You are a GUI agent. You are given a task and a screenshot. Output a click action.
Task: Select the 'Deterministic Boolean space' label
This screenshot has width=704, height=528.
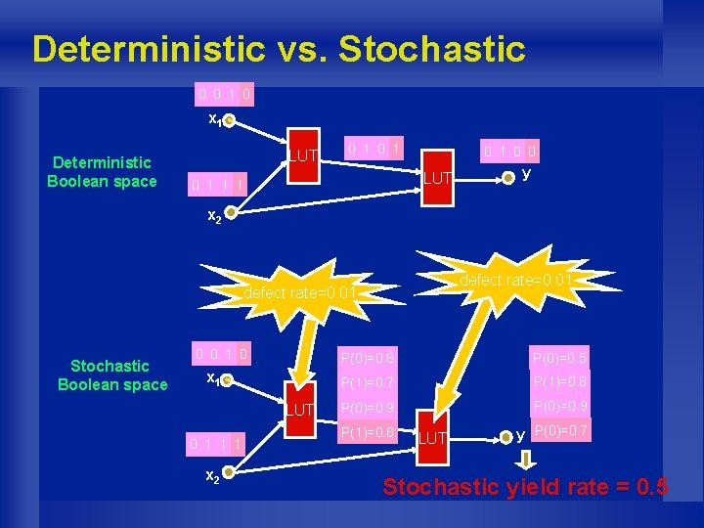(102, 171)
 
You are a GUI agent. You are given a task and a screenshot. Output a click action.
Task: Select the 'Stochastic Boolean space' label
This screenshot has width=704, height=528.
(111, 374)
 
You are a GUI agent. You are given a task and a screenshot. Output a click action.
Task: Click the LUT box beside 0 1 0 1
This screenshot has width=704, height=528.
(303, 156)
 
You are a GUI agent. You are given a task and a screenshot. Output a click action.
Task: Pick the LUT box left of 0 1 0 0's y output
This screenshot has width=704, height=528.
(437, 177)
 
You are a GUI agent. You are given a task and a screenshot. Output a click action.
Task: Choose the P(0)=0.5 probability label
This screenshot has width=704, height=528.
(560, 357)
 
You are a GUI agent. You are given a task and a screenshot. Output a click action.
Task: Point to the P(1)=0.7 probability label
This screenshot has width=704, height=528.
(368, 381)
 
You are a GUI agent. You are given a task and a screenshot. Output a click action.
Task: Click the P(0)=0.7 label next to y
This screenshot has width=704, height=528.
(561, 430)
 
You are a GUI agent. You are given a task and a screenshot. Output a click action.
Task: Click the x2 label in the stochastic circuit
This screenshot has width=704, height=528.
(210, 475)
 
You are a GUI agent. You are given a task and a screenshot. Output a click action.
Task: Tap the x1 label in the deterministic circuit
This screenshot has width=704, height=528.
(216, 119)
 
